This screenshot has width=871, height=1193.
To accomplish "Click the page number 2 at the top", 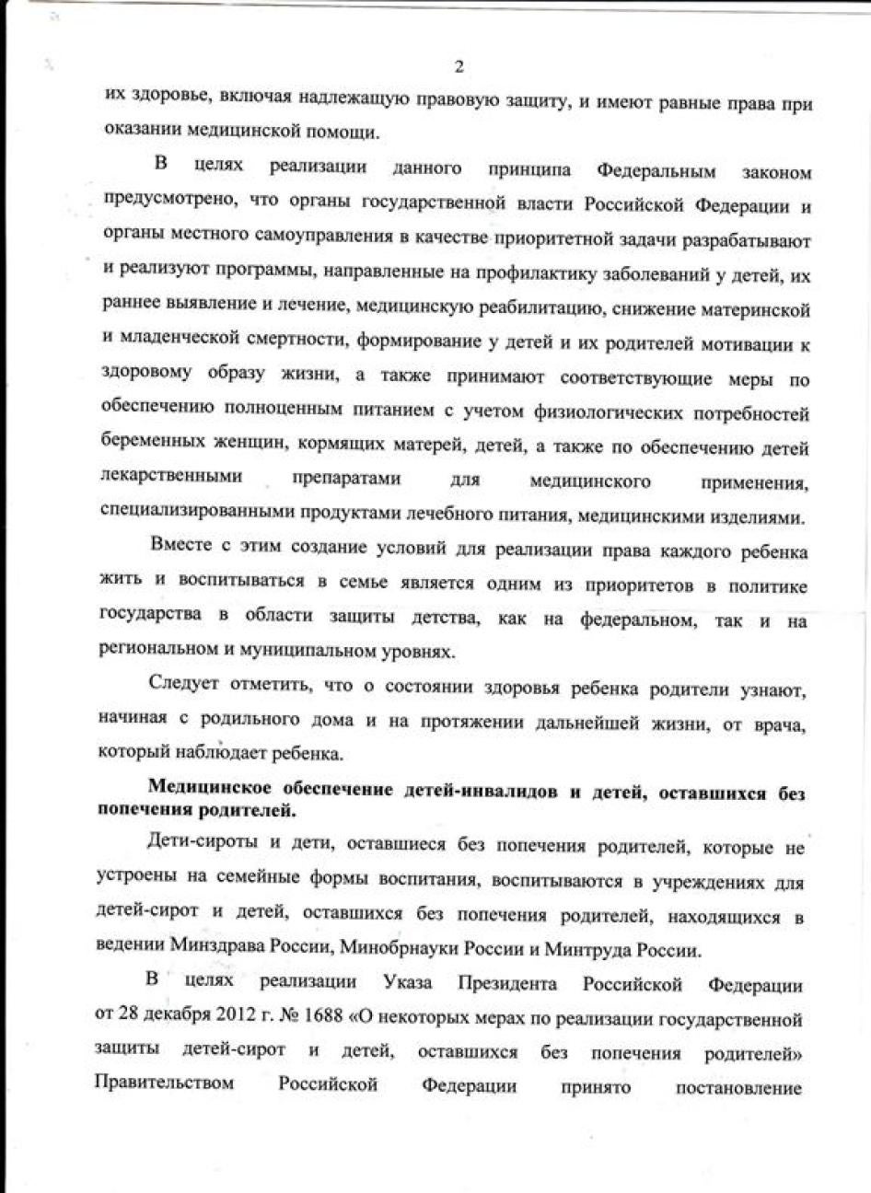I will coord(458,66).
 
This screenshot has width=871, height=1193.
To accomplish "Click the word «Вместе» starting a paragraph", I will coord(179,552).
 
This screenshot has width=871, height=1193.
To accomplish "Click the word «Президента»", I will coord(507,984).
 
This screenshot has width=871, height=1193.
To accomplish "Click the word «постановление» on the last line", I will coord(739,1087).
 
